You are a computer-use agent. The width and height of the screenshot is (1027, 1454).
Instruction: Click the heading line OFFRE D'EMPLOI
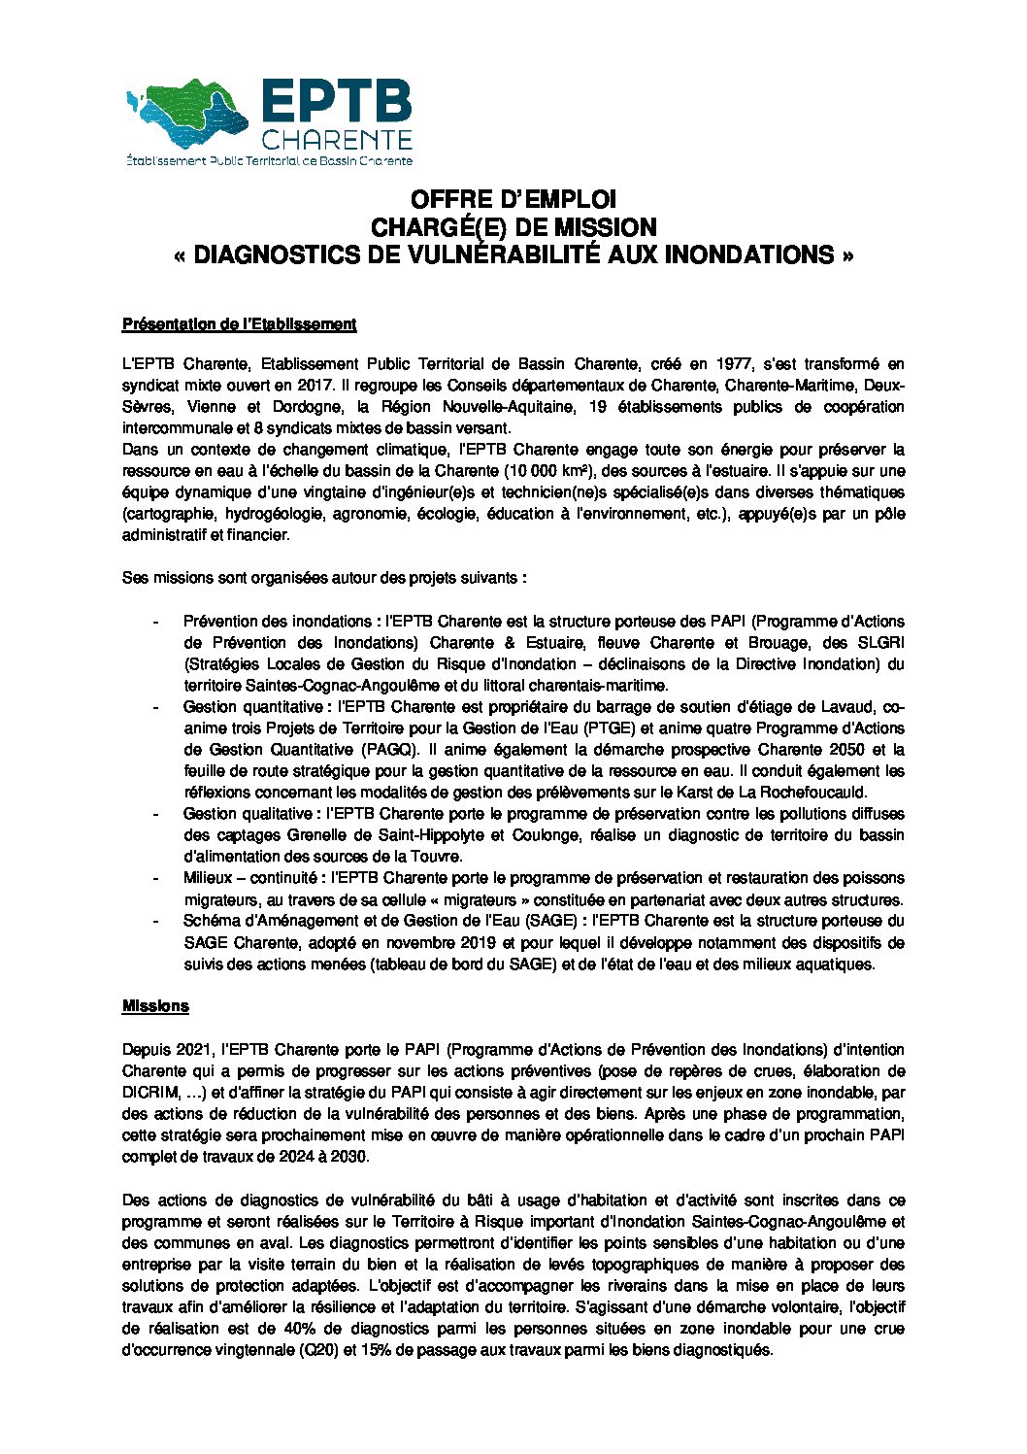click(513, 200)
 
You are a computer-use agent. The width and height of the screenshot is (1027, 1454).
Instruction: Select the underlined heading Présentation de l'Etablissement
click(239, 324)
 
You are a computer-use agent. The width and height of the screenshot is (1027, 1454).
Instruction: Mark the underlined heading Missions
click(155, 1006)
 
